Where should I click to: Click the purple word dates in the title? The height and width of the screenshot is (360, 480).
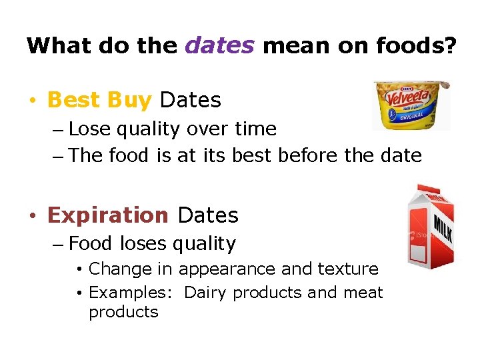(x=220, y=45)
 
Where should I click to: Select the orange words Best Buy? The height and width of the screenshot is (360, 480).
(x=100, y=100)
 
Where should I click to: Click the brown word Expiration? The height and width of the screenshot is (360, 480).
(x=108, y=215)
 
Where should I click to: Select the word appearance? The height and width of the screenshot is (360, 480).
(x=227, y=269)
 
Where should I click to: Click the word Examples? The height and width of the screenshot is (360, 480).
(x=133, y=293)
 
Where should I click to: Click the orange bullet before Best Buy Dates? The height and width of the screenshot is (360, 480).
(x=31, y=101)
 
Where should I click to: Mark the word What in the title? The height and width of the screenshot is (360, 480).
(x=59, y=45)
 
